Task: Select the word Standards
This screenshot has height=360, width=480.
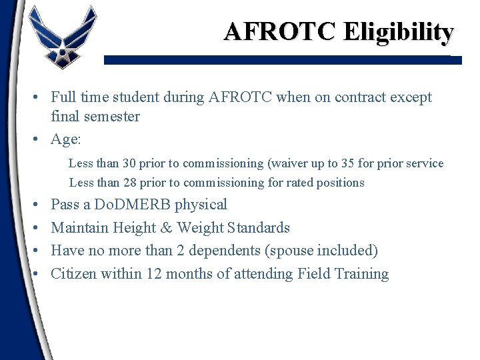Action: [258, 227]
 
